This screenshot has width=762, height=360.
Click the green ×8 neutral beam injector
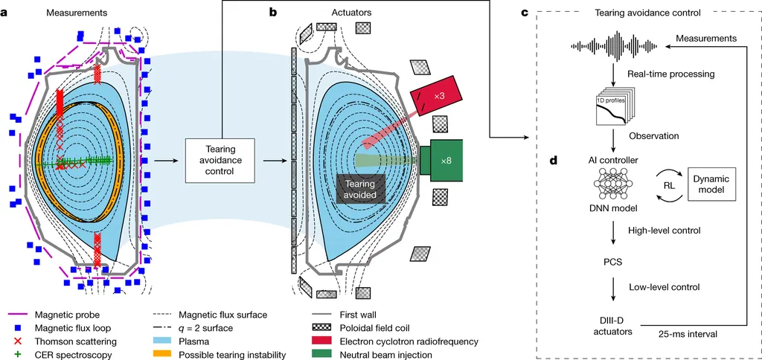pos(441,160)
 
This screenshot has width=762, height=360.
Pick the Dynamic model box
pos(711,184)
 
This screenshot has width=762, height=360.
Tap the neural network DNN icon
pos(613,184)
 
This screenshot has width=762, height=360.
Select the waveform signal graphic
pos(614,47)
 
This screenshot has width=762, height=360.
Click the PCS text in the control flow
pos(613,263)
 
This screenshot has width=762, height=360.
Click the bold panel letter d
pos(553,160)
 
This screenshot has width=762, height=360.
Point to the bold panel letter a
pos(4,13)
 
